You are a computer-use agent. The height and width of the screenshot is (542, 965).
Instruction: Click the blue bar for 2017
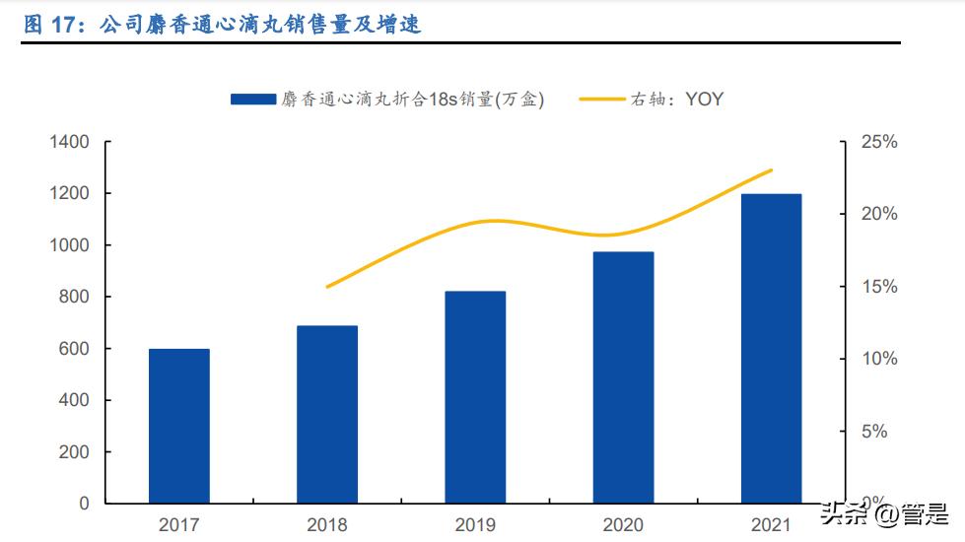(178, 426)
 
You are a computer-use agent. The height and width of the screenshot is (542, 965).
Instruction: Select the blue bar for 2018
(327, 414)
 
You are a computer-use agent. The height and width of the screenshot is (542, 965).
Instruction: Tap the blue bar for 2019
(475, 397)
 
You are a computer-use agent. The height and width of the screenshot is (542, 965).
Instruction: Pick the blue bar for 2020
(623, 377)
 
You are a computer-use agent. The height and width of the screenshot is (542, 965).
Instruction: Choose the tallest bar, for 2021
(771, 349)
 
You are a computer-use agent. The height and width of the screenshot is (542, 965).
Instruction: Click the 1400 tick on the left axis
(69, 143)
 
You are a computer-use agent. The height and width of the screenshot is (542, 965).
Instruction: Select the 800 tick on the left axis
(74, 297)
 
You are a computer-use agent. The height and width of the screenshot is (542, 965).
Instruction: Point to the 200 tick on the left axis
(74, 452)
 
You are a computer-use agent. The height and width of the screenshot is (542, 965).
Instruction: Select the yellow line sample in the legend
(601, 99)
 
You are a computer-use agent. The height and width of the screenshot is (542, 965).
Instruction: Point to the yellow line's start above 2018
(327, 287)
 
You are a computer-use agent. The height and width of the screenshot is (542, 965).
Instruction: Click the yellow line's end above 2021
(771, 170)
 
